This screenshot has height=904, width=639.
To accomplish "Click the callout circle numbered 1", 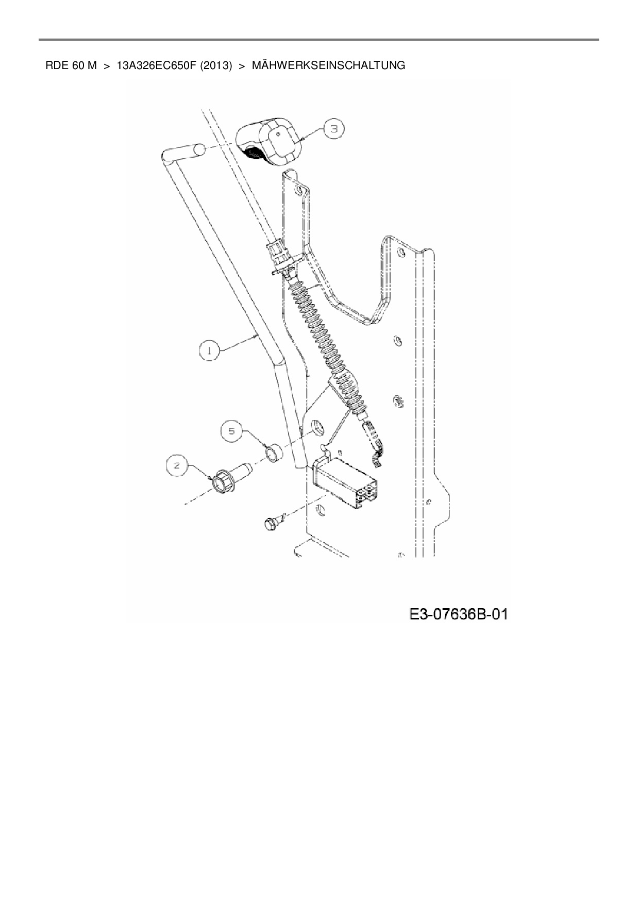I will point(209,350).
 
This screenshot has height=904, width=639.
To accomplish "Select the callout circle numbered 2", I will point(176,466).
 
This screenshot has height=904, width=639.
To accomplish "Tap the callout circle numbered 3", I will point(333,129).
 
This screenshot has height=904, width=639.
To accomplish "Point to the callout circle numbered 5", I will point(232,431).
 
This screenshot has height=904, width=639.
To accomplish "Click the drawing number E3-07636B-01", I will point(458,614).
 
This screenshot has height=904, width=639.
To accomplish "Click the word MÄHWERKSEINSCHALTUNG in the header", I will point(328,65).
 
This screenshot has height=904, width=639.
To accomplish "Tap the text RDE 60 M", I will point(71,65).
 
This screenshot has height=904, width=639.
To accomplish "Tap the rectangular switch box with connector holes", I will point(345,482).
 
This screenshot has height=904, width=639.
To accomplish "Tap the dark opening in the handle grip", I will point(254,153).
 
